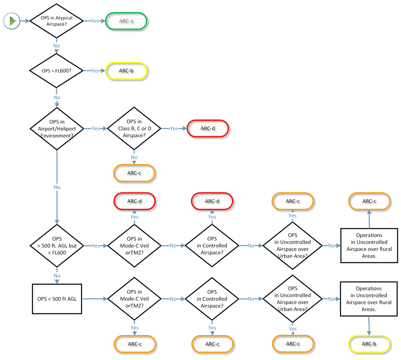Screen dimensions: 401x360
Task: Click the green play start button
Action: pyautogui.click(x=12, y=21)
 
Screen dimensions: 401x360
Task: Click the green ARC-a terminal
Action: pyautogui.click(x=126, y=21)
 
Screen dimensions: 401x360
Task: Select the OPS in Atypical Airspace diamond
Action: pyautogui.click(x=57, y=21)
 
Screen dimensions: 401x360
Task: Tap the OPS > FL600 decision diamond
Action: pyautogui.click(x=57, y=71)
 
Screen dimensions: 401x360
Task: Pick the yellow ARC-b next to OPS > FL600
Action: pyautogui.click(x=126, y=71)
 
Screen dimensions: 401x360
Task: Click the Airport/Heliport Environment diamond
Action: pyautogui.click(x=57, y=128)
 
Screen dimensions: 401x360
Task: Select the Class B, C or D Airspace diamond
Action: pyautogui.click(x=134, y=128)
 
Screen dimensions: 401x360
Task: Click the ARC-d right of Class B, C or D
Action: pyautogui.click(x=208, y=128)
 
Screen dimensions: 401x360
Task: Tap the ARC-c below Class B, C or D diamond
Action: pyautogui.click(x=134, y=173)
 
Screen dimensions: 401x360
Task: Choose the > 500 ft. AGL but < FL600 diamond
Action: pyautogui.click(x=57, y=246)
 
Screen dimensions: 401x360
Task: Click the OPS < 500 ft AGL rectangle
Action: pyautogui.click(x=57, y=299)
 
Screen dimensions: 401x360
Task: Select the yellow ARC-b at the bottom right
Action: pyautogui.click(x=369, y=344)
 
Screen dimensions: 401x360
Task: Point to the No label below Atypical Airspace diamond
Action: pyautogui.click(x=57, y=46)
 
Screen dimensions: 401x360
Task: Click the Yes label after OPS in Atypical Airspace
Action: pyautogui.click(x=94, y=21)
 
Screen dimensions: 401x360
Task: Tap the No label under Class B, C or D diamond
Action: pyautogui.click(x=134, y=157)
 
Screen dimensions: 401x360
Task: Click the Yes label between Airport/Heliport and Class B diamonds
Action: pyautogui.click(x=95, y=128)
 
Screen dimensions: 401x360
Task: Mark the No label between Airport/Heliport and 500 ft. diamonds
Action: pyautogui.click(x=57, y=187)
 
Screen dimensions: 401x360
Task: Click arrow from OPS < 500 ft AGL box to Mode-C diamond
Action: pyautogui.click(x=95, y=299)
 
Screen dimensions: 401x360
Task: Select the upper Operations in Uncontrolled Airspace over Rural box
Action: pyautogui.click(x=369, y=246)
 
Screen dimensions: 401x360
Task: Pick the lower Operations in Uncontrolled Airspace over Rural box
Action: pyautogui.click(x=369, y=299)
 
